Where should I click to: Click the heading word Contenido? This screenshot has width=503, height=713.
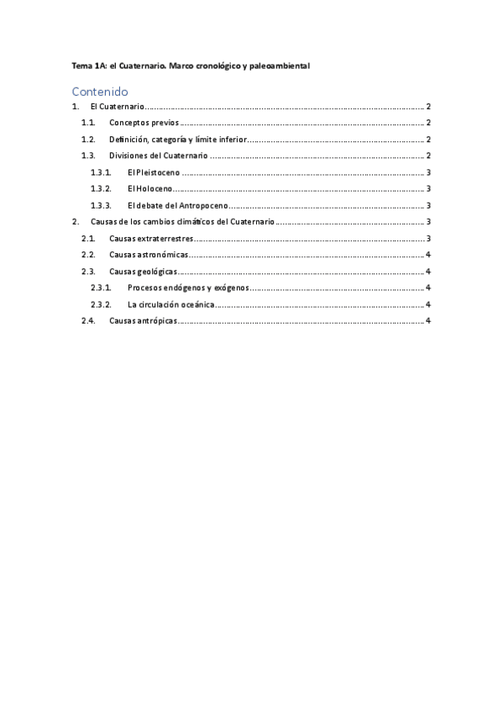pyautogui.click(x=99, y=91)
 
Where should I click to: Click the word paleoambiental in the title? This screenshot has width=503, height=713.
pyautogui.click(x=280, y=65)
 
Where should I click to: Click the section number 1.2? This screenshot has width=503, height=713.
pyautogui.click(x=88, y=140)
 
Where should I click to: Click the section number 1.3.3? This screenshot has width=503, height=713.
pyautogui.click(x=101, y=205)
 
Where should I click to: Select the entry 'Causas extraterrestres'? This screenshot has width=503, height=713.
pyautogui.click(x=151, y=239)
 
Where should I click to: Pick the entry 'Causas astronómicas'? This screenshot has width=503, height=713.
pyautogui.click(x=148, y=255)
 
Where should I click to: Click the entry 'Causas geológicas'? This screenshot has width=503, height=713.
pyautogui.click(x=143, y=272)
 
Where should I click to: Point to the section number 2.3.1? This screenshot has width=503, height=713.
pyautogui.click(x=101, y=288)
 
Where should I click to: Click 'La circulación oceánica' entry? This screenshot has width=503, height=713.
pyautogui.click(x=170, y=304)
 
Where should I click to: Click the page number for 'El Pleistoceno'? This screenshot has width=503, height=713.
pyautogui.click(x=428, y=172)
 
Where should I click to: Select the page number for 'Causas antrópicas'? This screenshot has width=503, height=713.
pyautogui.click(x=428, y=320)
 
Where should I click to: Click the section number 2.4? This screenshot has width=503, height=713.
pyautogui.click(x=88, y=320)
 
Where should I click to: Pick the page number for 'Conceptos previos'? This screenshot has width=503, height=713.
pyautogui.click(x=428, y=124)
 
